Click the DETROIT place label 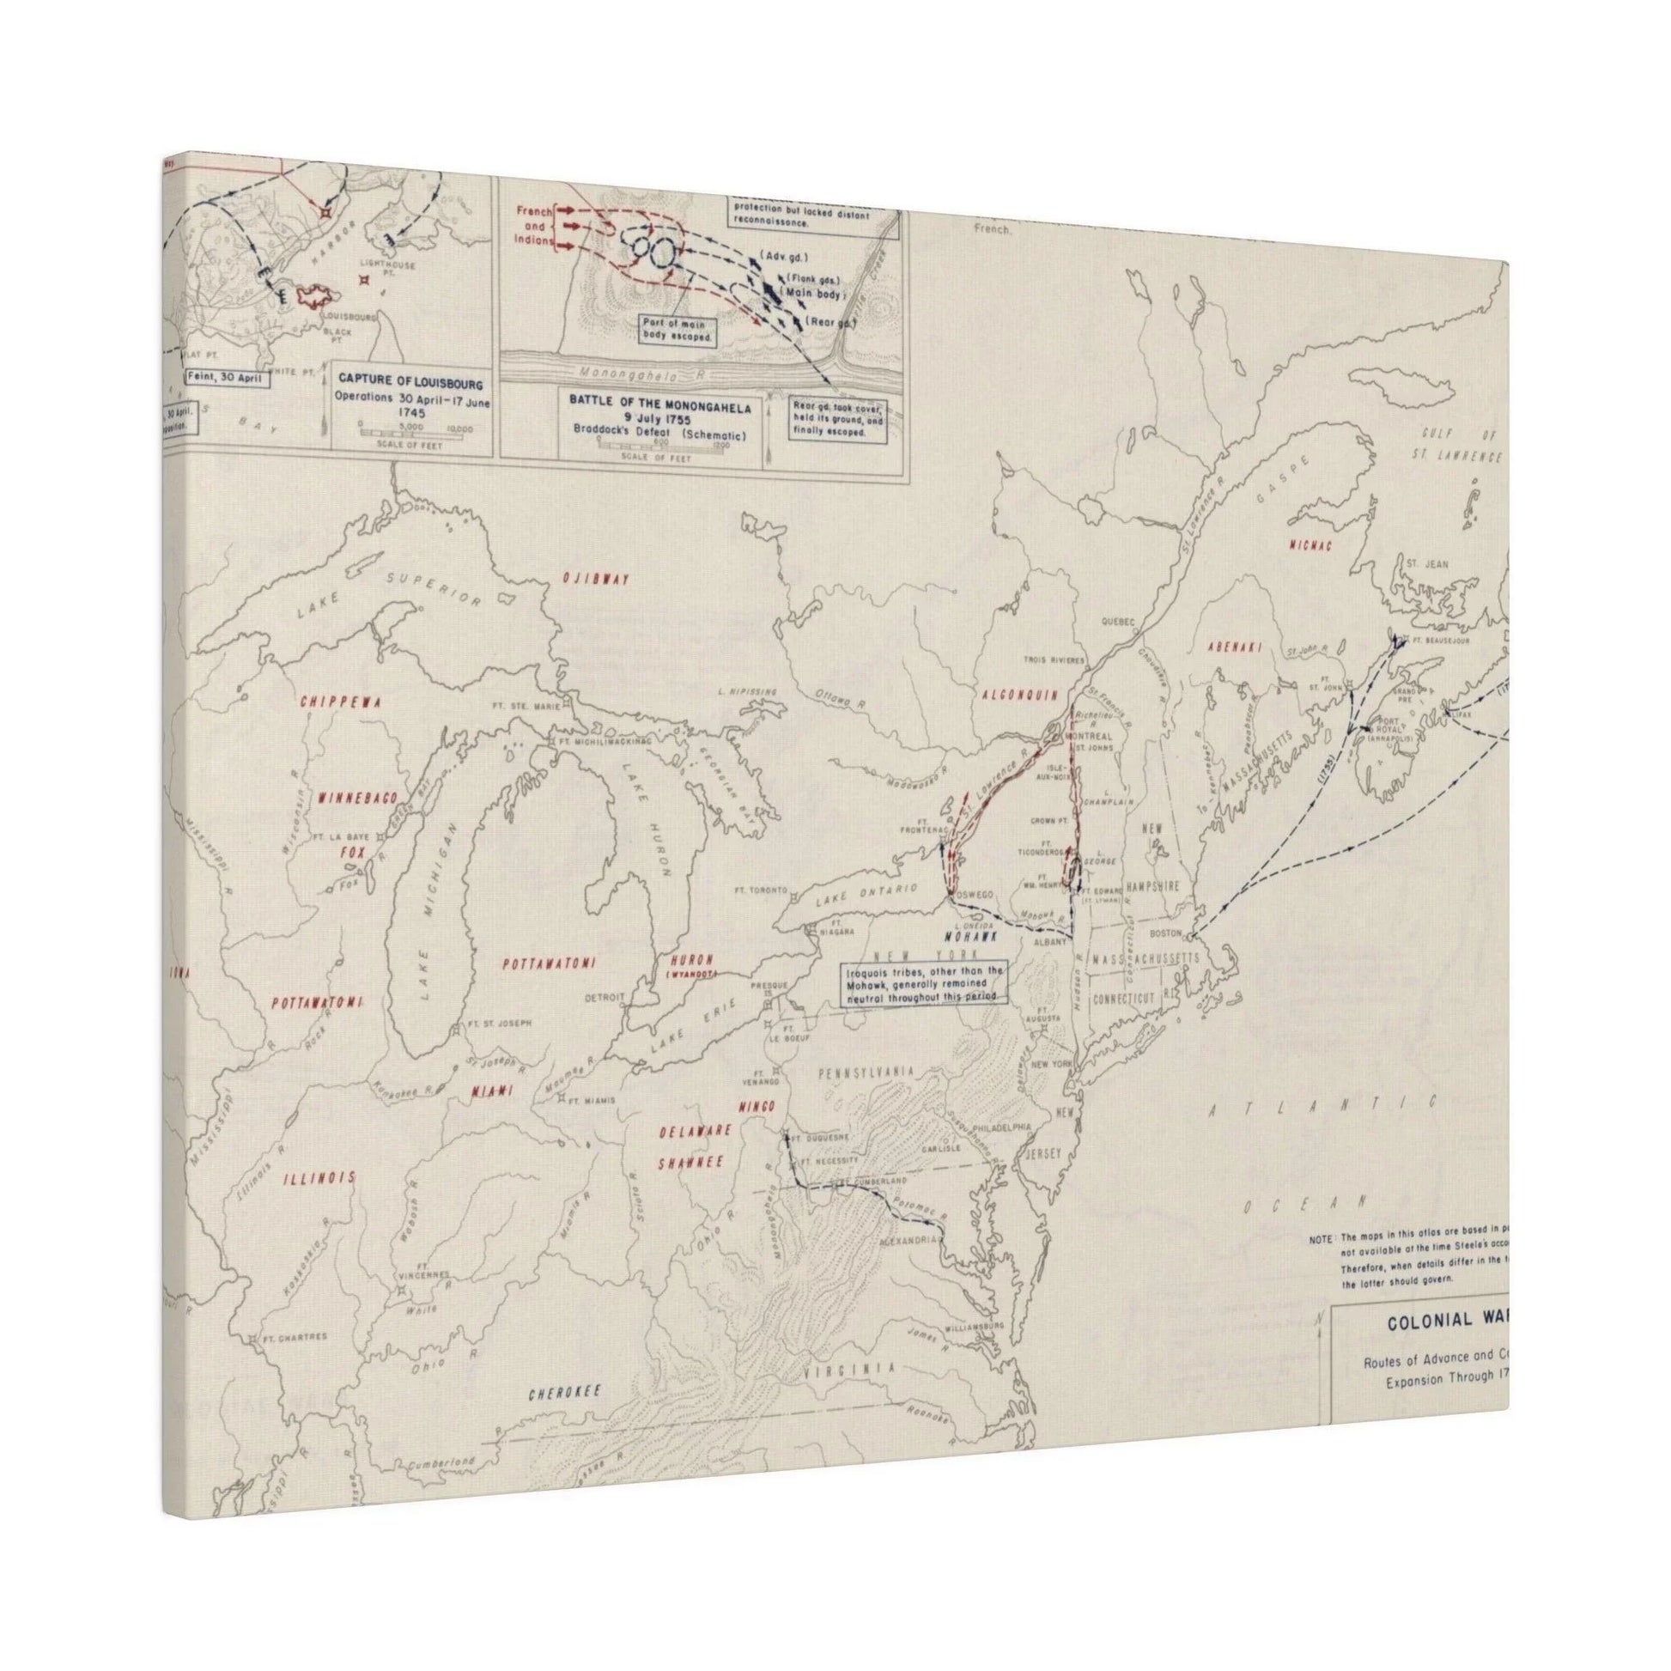click(605, 996)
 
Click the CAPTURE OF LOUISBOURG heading click(410, 382)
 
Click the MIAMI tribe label click(490, 1091)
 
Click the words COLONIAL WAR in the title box click(1446, 1321)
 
